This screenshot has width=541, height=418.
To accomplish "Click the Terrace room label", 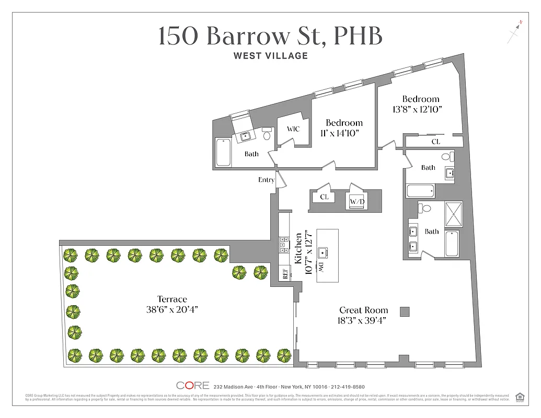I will coord(172,299).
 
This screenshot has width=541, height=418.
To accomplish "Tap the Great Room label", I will coord(364,310).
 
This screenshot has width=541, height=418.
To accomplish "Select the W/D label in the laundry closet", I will coord(357,201).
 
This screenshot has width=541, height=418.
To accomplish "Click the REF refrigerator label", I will coord(285,274).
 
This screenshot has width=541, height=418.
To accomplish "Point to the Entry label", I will coord(266,180).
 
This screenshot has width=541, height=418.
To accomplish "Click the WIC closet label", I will coord(293,129).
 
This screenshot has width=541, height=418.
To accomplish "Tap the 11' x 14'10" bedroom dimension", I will coord(340,133).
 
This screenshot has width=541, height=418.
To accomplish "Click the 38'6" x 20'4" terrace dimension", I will coord(172,310).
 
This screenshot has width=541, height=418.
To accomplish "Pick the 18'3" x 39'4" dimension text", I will coord(364,321).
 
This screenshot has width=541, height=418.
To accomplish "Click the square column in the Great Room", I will coord(404,312).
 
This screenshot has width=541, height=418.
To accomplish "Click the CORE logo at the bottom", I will coord(193,386).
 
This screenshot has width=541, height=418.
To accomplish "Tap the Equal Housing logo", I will coord(520,397).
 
